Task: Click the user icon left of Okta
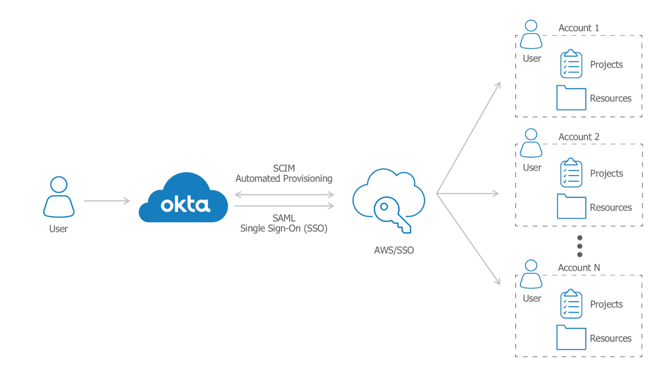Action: tap(59, 197)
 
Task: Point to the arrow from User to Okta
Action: tap(107, 201)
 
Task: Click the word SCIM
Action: tap(284, 168)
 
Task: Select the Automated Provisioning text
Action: tap(284, 179)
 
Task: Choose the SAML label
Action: tap(284, 218)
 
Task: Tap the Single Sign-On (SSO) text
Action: tap(284, 228)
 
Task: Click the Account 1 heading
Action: tap(579, 28)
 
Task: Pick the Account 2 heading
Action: tap(579, 137)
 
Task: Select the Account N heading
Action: tap(579, 268)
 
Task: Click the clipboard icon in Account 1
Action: tap(571, 64)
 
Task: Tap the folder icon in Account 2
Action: tap(571, 206)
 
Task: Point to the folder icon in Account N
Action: tap(571, 338)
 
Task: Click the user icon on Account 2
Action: tap(532, 143)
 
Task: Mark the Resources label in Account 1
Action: tap(611, 99)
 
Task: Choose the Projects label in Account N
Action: tap(607, 304)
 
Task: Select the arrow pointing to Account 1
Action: tap(469, 137)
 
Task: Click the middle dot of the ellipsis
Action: tap(580, 246)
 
